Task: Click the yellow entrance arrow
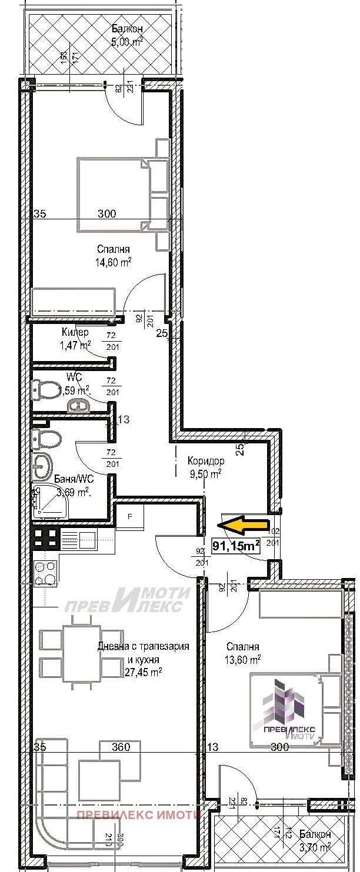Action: (244, 524)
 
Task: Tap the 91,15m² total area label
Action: (236, 546)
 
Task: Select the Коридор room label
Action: (206, 461)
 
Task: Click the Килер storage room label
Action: (75, 333)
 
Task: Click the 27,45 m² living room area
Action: (144, 671)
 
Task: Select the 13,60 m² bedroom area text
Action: (242, 660)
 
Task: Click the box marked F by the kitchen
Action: (130, 517)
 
